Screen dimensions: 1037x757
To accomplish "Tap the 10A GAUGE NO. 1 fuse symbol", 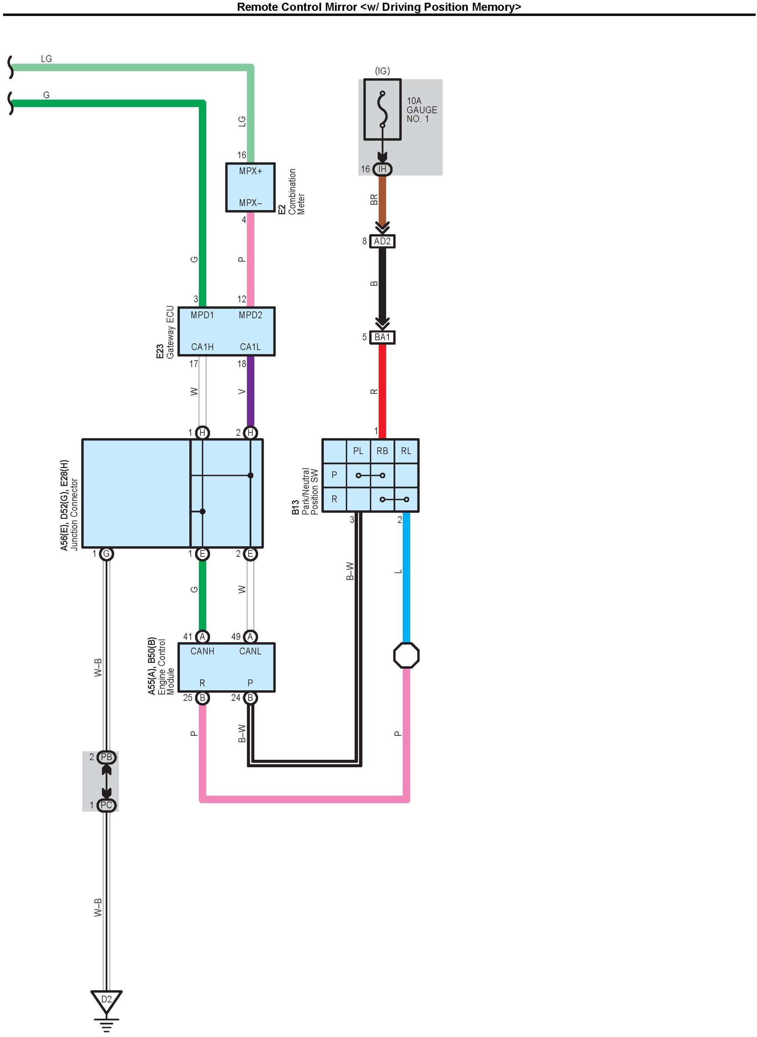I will (382, 109).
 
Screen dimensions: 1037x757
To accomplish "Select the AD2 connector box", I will (382, 241).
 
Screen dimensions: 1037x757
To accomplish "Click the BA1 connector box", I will (382, 337).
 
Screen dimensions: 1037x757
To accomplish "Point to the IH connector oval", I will (382, 169).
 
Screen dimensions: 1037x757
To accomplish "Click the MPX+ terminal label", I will (250, 171).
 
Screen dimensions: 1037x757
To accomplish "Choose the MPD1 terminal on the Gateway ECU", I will (202, 315).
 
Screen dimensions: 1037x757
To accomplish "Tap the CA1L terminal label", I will (250, 347).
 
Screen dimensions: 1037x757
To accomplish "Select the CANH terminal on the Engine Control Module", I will (202, 651).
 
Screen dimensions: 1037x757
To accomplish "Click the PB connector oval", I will (106, 757).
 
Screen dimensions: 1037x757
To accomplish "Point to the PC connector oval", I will (106, 805).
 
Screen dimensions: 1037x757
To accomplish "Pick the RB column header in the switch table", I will (382, 451).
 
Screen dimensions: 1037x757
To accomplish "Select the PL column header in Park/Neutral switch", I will (358, 451).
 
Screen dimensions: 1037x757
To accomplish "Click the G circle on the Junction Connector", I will (106, 554).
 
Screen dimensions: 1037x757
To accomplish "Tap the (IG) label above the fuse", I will (382, 71).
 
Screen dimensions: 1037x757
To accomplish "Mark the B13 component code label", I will (296, 507).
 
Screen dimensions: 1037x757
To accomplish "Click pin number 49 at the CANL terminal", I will (235, 636).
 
